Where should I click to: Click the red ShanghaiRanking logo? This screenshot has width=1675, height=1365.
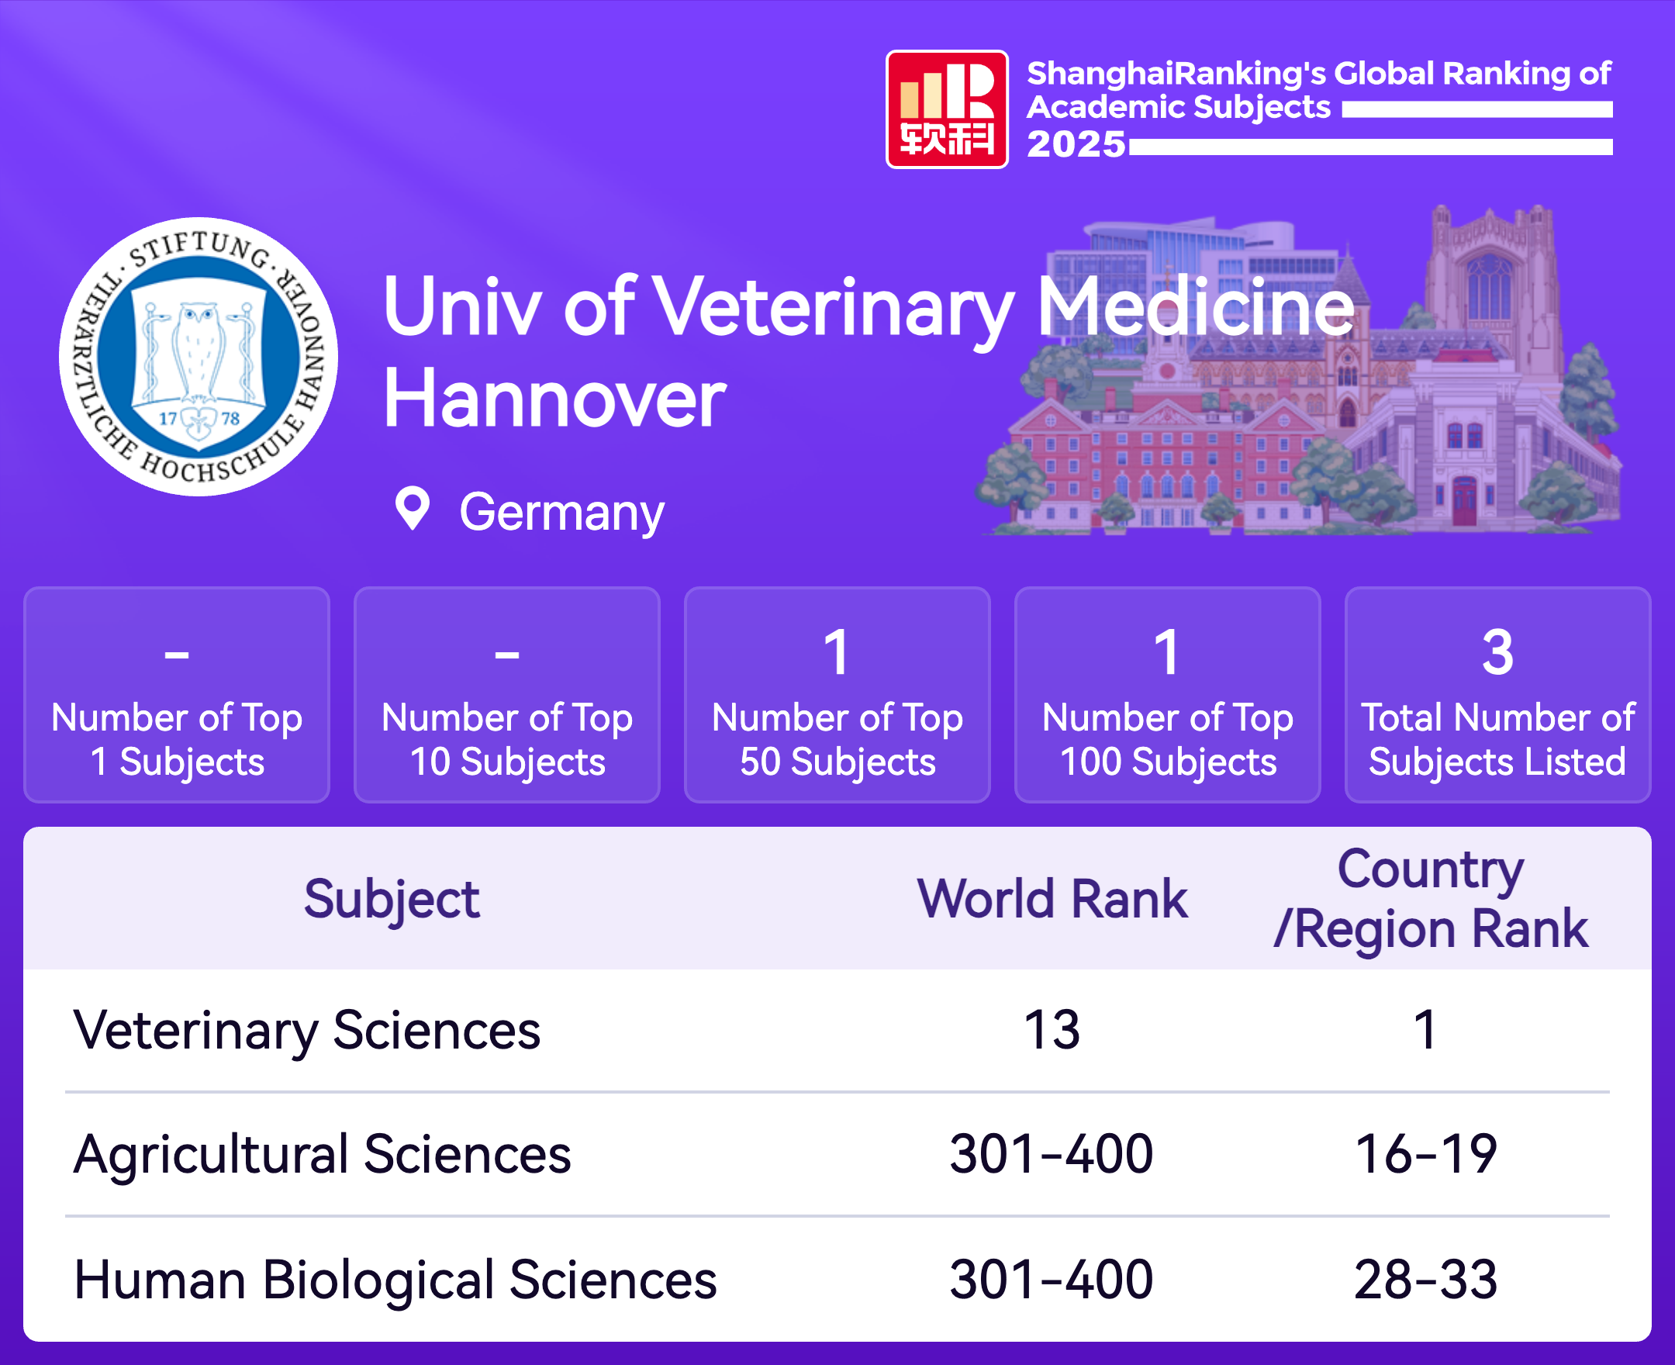(x=947, y=109)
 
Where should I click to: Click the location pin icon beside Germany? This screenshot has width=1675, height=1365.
(x=412, y=509)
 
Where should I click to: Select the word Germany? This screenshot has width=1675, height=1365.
(x=561, y=513)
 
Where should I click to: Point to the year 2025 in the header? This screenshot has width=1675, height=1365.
(x=1076, y=144)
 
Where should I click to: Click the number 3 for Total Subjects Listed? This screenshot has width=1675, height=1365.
(x=1497, y=651)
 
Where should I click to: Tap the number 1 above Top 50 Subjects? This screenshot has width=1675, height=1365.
(x=837, y=651)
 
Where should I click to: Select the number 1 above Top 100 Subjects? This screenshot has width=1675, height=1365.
(x=1167, y=651)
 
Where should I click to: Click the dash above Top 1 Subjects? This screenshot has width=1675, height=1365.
(x=177, y=655)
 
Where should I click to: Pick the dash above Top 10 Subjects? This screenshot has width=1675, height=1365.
(x=507, y=655)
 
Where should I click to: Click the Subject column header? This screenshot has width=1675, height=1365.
(x=392, y=900)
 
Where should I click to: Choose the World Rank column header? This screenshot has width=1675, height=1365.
(x=1052, y=899)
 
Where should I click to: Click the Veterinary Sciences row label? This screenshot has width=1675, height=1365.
(x=307, y=1031)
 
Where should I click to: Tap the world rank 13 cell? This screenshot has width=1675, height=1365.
(x=1052, y=1030)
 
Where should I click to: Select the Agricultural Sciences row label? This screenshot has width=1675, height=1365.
(x=323, y=1154)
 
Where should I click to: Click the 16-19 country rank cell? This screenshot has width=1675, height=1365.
(x=1426, y=1154)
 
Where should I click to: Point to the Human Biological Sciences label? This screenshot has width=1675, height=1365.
(x=395, y=1279)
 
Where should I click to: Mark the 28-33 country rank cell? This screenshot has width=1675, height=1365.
(x=1426, y=1279)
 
